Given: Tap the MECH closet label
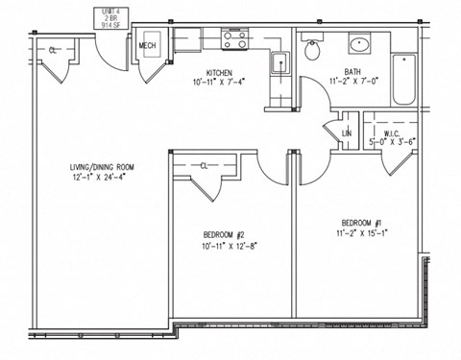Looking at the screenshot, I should (x=148, y=45).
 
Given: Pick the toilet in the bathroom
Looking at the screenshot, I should (x=313, y=49).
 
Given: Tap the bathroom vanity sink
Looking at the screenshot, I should (x=357, y=44).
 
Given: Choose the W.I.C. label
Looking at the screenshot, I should (x=391, y=133).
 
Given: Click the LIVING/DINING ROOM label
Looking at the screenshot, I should (x=102, y=167).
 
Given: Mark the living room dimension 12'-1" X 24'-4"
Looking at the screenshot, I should (x=102, y=178).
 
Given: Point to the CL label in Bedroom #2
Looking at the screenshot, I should (x=205, y=165).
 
